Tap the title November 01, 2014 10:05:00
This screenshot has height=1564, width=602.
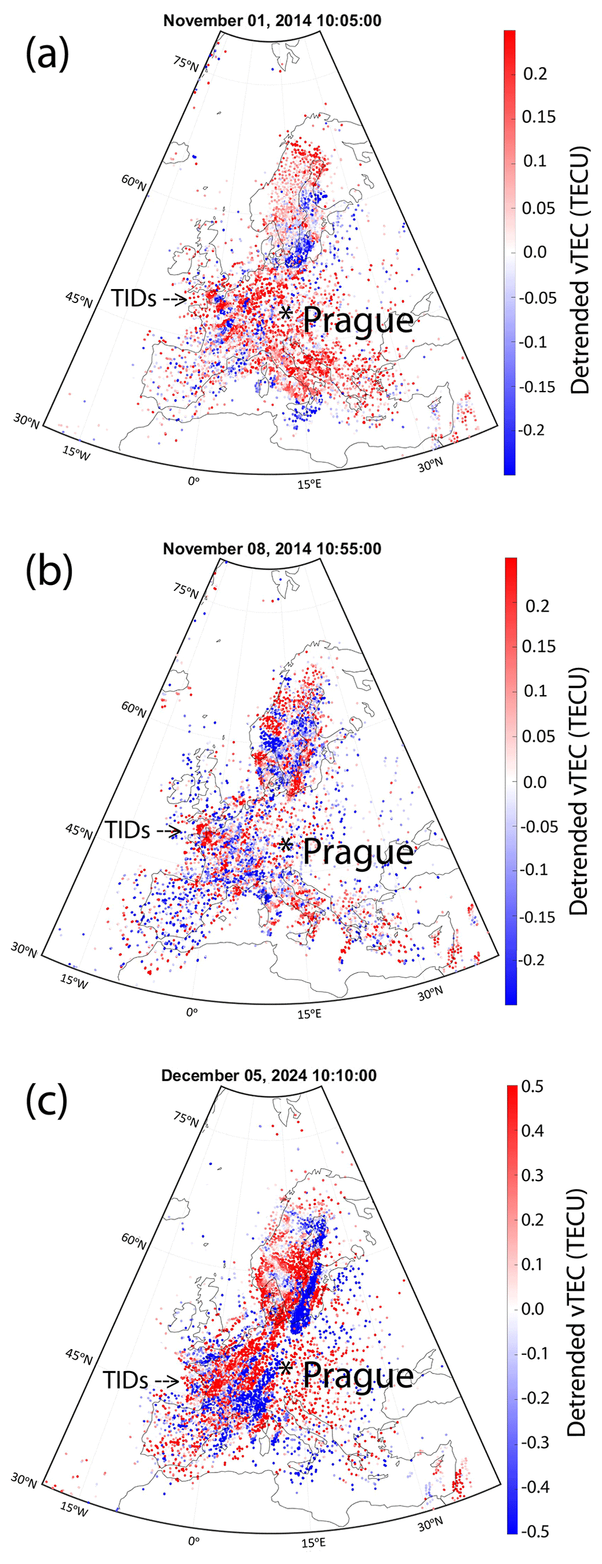pos(272,20)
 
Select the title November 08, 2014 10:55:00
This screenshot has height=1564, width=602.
pos(272,549)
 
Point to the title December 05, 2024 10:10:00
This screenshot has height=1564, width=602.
pos(269,1075)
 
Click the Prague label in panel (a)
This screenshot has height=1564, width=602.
pos(358,320)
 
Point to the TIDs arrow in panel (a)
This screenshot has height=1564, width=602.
pos(174,299)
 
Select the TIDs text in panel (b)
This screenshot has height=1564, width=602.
pos(128,829)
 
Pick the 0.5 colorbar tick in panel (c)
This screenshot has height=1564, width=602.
pos(533,1086)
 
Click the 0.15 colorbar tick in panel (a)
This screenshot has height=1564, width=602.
pos(538,117)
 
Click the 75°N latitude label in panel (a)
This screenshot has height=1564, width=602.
pos(186,63)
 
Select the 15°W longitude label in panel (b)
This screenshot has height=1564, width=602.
pos(74,982)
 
